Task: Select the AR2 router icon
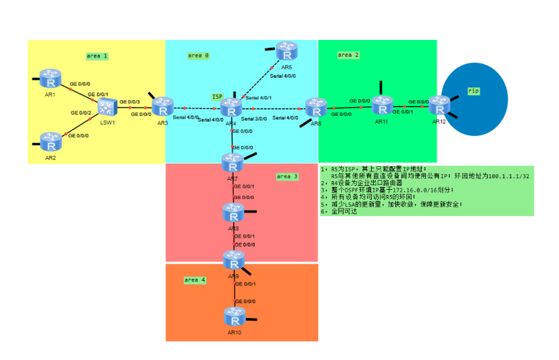point(50,141)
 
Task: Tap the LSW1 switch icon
point(107,106)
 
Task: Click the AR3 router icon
point(161,105)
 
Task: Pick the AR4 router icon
point(231,107)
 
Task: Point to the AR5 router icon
point(286,50)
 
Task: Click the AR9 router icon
point(232,261)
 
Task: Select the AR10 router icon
point(234,317)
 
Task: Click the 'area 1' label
point(97,56)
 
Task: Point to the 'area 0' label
point(198,56)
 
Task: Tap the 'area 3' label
point(287,176)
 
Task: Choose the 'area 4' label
point(195,279)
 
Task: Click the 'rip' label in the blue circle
point(473,90)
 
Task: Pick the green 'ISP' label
point(217,96)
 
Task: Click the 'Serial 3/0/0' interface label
point(253,118)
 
